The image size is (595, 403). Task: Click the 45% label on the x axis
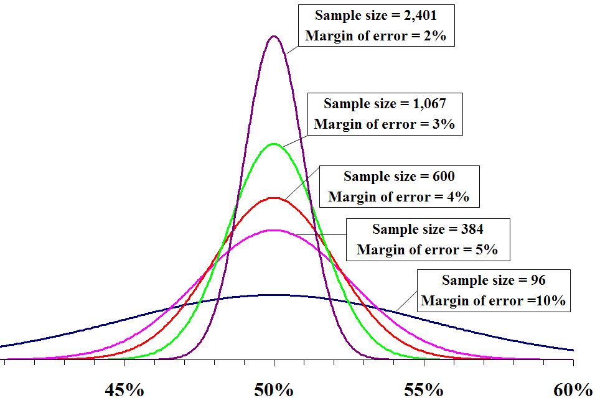point(124,391)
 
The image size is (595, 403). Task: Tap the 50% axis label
point(274,391)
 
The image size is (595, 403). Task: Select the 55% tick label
point(423,391)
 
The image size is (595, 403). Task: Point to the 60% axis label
point(572,391)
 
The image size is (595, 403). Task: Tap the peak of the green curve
point(274,144)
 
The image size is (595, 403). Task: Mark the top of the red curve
point(274,198)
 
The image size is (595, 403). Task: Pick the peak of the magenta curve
point(274,230)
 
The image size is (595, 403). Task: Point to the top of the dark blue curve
point(274,295)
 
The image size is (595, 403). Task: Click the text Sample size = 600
point(399,177)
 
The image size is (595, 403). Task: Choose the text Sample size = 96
point(494,280)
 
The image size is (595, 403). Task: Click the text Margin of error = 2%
point(375,36)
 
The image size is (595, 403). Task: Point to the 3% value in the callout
point(445,124)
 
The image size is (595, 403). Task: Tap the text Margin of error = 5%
point(427,250)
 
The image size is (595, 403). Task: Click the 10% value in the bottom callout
point(553,301)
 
